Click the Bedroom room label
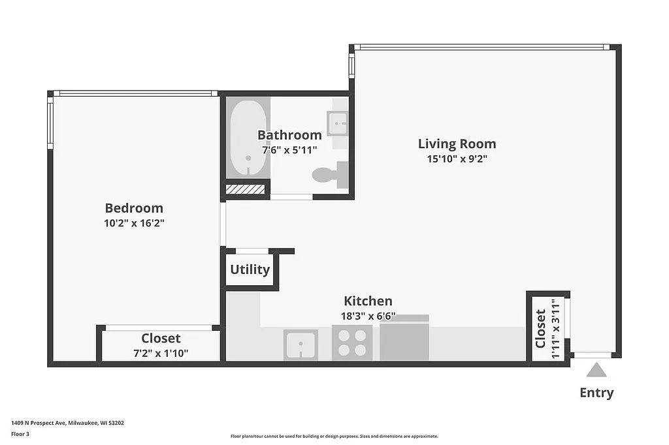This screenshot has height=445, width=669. (x=134, y=208)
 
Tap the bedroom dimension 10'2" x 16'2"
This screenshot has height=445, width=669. (x=134, y=223)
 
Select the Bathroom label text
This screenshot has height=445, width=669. (x=289, y=135)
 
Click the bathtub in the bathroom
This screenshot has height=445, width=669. (x=248, y=138)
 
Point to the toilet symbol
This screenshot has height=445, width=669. (x=329, y=174)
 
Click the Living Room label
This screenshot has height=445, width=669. (x=457, y=144)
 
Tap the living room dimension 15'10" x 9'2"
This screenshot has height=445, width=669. (x=457, y=159)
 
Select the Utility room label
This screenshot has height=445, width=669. (x=250, y=269)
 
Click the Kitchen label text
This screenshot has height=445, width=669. (x=368, y=301)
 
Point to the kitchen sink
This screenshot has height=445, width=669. (x=301, y=344)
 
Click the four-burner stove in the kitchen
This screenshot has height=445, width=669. (x=352, y=343)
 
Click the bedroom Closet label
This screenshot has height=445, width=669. (x=161, y=339)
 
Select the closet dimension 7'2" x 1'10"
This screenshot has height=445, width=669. (x=161, y=353)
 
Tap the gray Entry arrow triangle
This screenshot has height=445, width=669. (x=596, y=370)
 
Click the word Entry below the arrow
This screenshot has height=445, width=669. (x=596, y=393)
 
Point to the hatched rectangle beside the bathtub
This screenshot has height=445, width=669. (x=246, y=189)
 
